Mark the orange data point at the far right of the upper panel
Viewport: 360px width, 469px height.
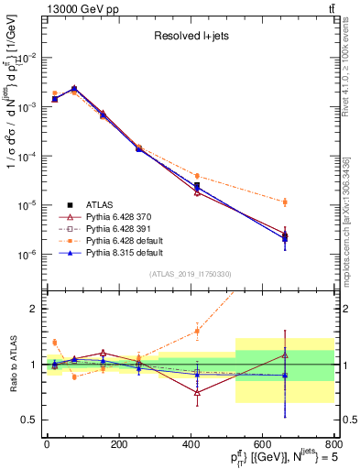285,202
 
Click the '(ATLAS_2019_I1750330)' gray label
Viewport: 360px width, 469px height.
190,274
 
